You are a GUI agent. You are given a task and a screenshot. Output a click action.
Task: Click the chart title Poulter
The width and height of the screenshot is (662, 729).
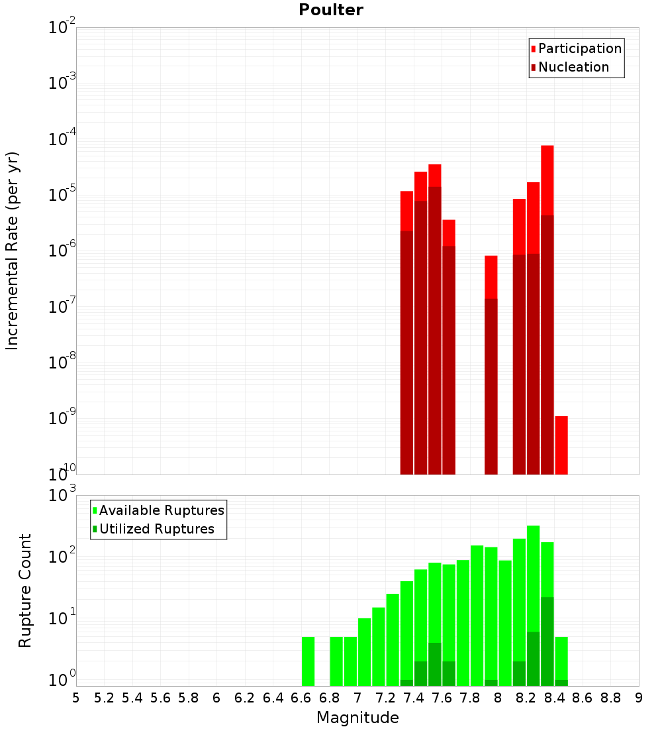tap(330, 10)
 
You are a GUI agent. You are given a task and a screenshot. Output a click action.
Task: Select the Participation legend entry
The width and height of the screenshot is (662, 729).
tap(579, 48)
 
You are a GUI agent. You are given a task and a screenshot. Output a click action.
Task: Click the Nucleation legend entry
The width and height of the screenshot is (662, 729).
tap(573, 67)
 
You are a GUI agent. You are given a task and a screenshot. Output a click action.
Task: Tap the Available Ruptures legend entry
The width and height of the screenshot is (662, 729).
tap(161, 510)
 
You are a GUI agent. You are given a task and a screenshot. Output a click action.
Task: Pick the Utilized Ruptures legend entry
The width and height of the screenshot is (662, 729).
tap(156, 529)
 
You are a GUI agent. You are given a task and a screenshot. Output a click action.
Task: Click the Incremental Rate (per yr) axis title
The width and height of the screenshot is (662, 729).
tap(12, 251)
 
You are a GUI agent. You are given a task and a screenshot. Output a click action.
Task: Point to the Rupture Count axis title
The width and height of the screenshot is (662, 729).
tap(25, 590)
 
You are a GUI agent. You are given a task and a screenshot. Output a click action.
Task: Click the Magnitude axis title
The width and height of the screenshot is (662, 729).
tap(357, 718)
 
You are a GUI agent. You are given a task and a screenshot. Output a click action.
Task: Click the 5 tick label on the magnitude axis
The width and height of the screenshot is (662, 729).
tap(76, 698)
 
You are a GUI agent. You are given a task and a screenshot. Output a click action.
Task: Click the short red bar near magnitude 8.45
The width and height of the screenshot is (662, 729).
tap(561, 445)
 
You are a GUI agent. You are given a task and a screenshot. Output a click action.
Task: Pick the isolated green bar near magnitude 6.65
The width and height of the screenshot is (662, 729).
tap(308, 661)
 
